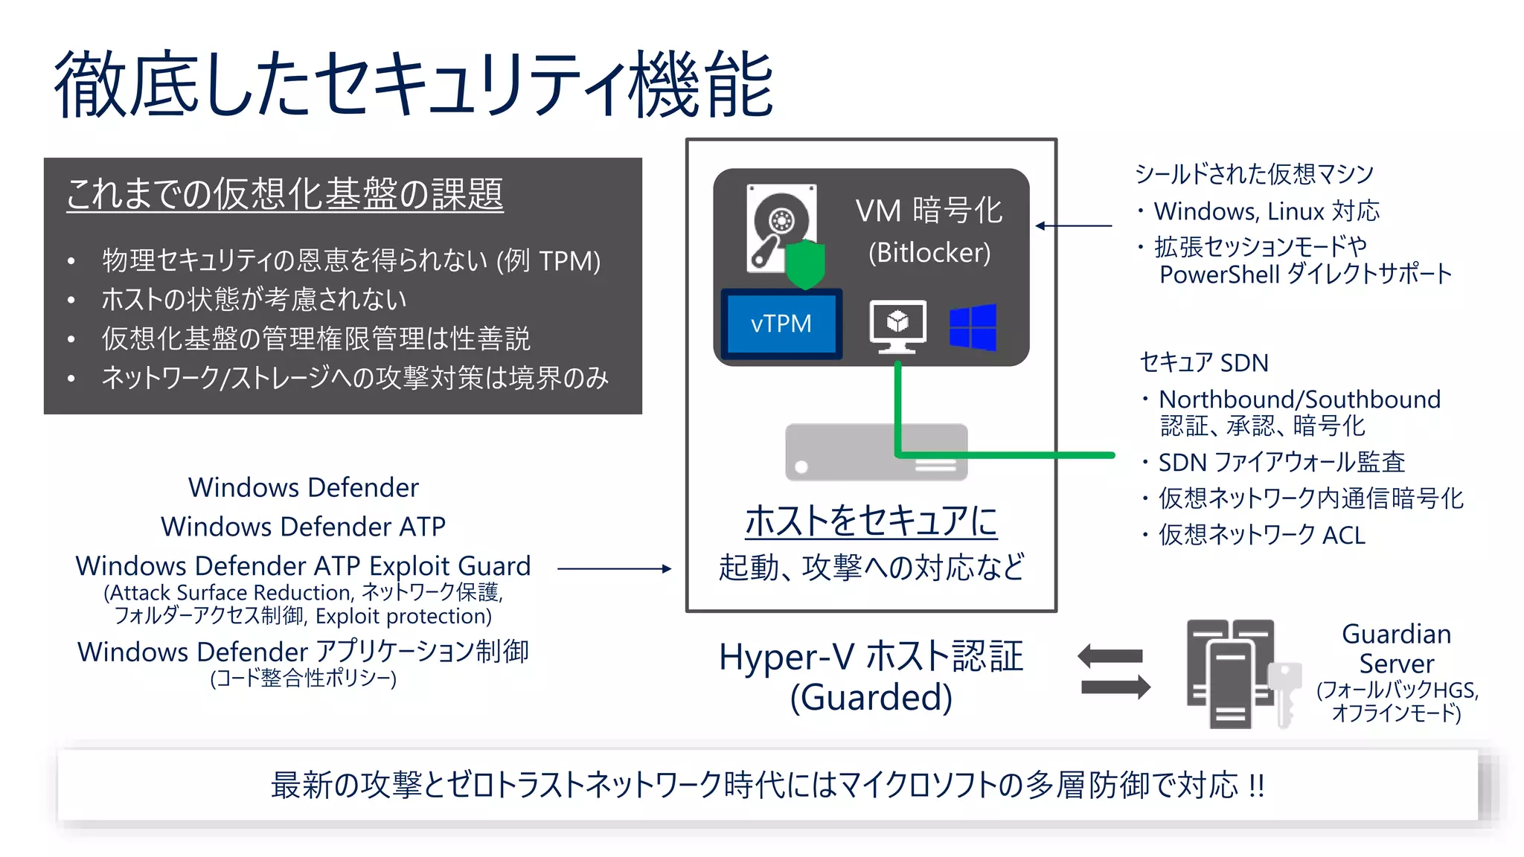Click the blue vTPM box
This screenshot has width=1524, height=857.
781,324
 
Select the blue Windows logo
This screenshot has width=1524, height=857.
973,327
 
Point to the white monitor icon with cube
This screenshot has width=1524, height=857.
898,326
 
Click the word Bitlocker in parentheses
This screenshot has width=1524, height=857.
929,252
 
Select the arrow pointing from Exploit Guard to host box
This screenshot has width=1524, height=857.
614,568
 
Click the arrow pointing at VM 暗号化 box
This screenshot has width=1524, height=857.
1073,225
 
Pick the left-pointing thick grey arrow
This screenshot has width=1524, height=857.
1110,656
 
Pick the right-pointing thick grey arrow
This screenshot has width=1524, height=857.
1115,686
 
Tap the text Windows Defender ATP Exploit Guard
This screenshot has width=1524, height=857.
303,565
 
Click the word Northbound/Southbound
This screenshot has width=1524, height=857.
1299,399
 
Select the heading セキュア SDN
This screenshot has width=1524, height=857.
1203,362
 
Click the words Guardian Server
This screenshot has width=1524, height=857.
1396,648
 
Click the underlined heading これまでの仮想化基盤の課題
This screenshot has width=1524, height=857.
284,194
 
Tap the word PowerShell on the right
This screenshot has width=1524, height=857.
1219,275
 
